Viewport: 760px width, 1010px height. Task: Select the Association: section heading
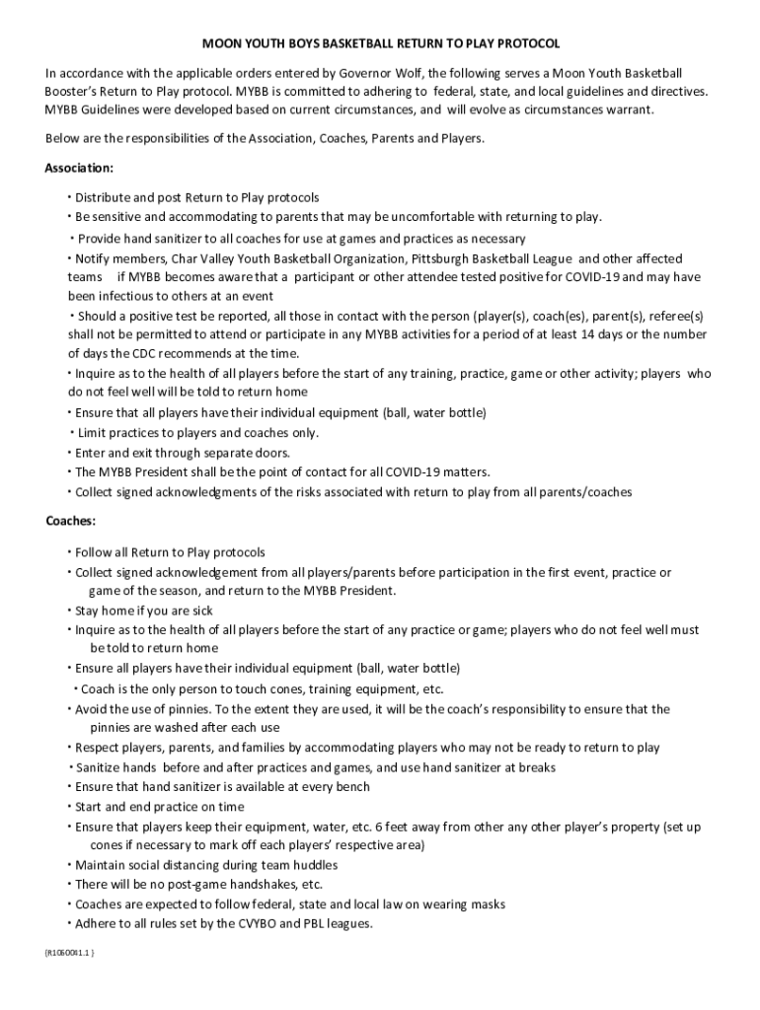79,169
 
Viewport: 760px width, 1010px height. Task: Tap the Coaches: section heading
70,521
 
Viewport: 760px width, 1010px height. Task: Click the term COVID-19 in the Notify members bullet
596,276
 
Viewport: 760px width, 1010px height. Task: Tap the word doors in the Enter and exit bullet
272,453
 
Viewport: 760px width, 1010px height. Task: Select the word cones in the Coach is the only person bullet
286,689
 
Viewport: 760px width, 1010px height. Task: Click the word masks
489,904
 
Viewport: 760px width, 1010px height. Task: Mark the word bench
352,786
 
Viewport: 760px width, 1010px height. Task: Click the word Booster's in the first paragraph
78,91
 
